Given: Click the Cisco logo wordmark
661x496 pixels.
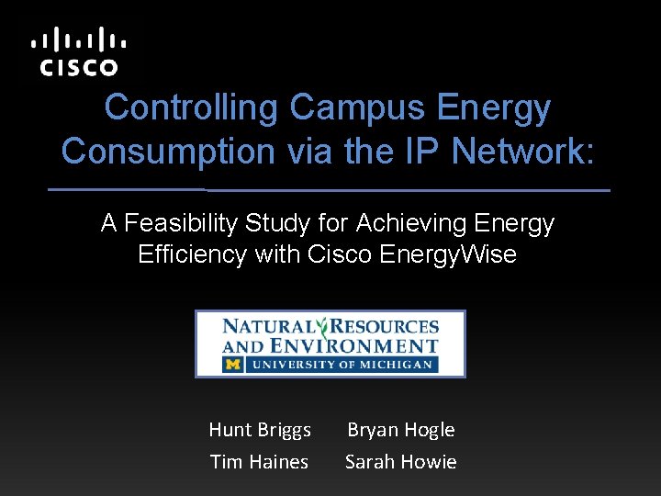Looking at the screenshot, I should (78, 67).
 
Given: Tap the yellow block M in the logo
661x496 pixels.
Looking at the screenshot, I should (231, 365).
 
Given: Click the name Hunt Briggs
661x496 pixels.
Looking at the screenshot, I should (260, 430).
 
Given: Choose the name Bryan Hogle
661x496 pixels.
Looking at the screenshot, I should (400, 430).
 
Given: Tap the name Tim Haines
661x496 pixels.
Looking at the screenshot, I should (260, 462).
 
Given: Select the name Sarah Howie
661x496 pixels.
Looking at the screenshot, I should (400, 462).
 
